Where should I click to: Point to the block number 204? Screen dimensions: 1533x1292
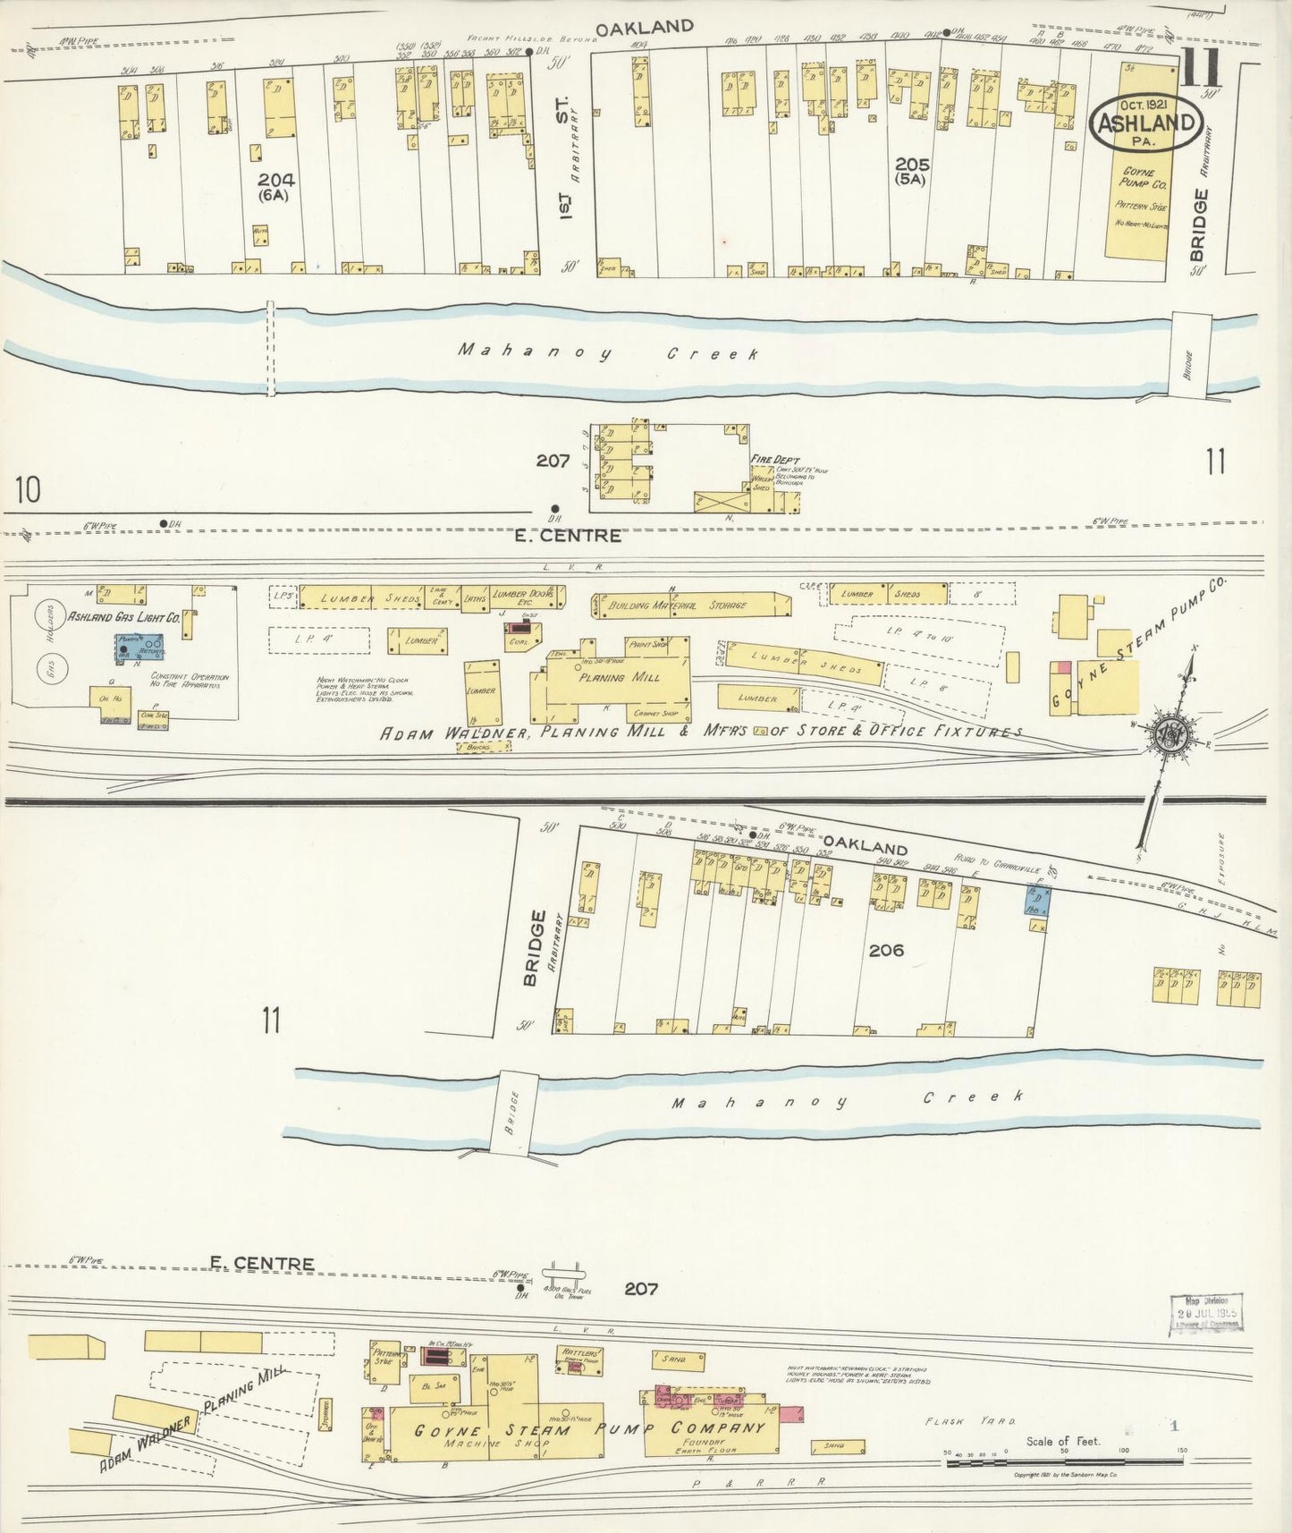(x=274, y=180)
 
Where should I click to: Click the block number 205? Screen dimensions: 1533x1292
(x=911, y=165)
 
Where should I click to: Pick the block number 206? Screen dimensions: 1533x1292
(x=885, y=950)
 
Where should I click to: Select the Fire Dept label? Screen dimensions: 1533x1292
(x=774, y=460)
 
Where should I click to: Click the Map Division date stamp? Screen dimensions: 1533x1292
(x=1207, y=1314)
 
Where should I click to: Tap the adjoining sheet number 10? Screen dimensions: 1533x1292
(x=28, y=489)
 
